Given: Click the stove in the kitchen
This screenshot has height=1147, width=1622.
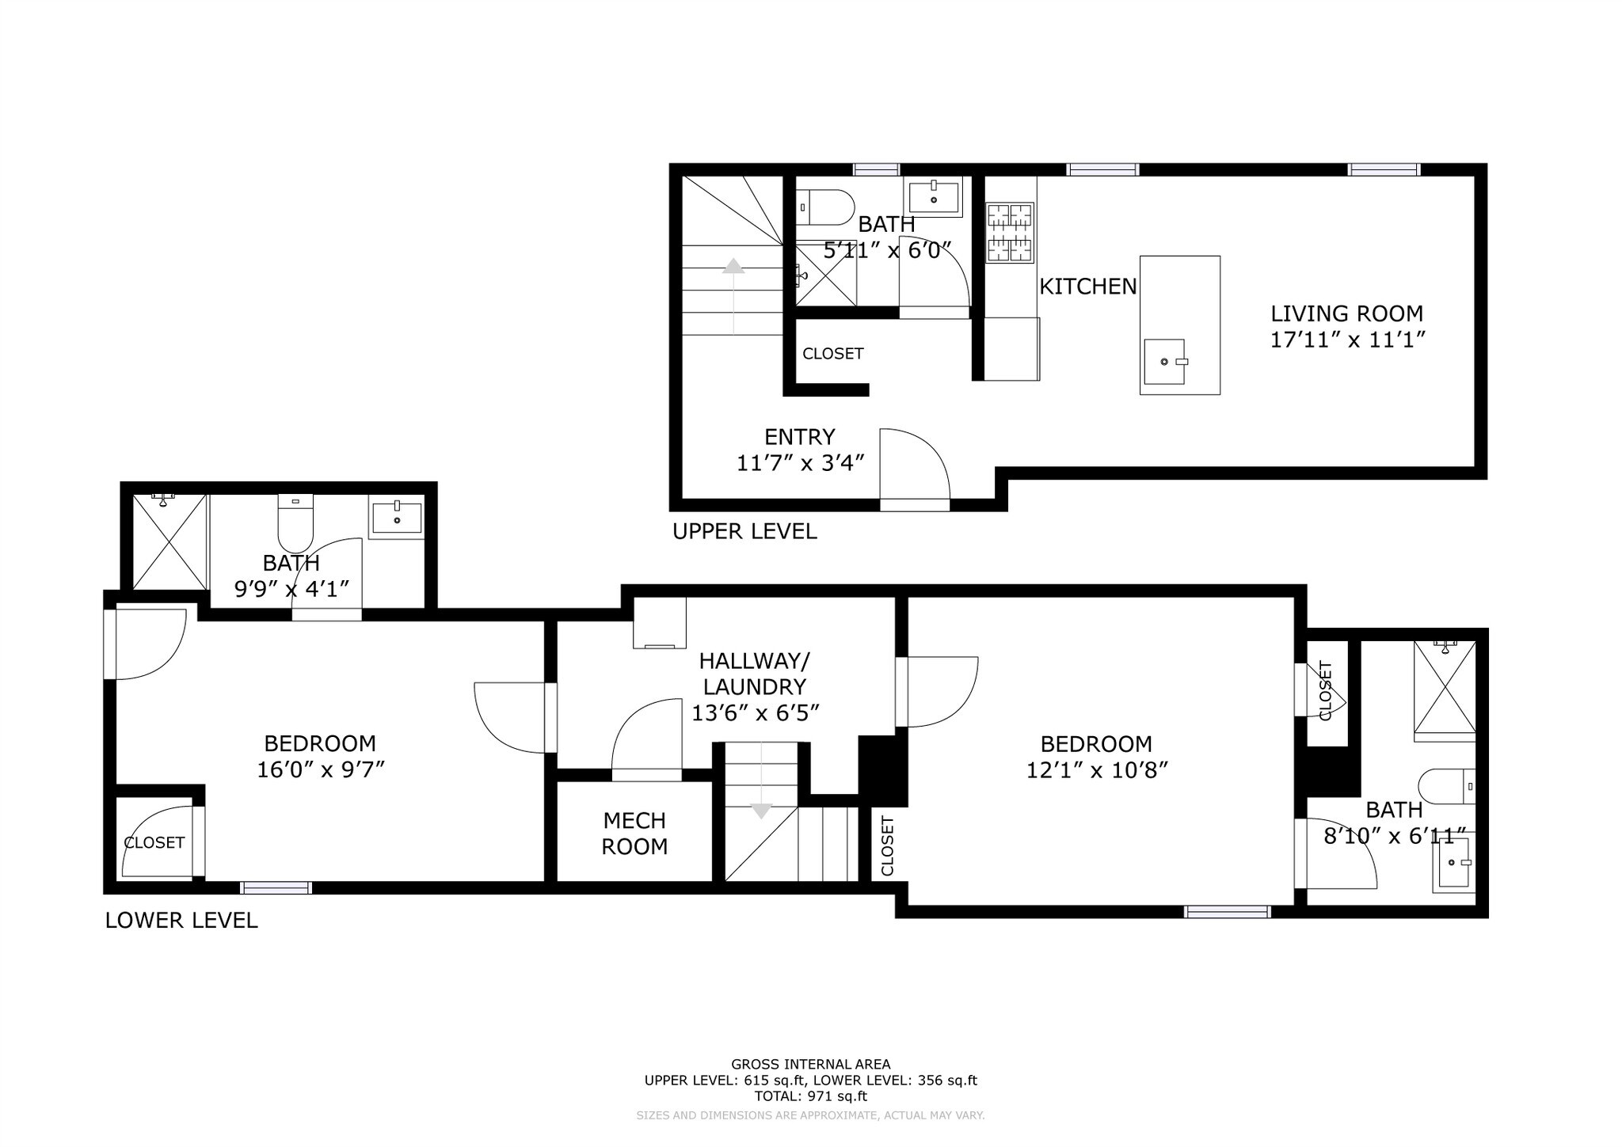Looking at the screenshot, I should pos(1010,233).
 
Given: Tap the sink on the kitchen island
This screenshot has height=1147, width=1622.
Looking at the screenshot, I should pos(1165,362).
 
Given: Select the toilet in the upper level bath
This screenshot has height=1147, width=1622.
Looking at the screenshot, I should pos(825,207).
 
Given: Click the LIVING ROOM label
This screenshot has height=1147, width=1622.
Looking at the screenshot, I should pos(1346,313).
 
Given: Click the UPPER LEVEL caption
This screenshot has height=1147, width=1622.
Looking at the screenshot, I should pos(744,531).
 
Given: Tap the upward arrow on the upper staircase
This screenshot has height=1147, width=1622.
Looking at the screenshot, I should pos(734,267).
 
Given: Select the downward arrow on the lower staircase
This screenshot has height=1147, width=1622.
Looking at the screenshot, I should pos(761,811).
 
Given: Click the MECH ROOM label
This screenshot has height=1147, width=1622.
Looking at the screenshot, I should pos(634,834).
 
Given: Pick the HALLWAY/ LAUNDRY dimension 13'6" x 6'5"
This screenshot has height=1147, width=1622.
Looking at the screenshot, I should pos(755,713).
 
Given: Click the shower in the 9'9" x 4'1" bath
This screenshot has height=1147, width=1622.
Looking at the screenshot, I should pos(169,541).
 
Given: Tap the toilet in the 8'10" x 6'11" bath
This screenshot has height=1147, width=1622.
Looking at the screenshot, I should pos(1446,787).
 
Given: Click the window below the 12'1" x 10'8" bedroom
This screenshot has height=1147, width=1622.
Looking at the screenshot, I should pos(1227,912).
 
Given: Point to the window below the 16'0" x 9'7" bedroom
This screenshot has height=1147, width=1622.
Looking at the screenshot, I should pos(276,888).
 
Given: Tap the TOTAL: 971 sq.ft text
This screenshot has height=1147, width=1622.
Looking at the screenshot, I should pos(810,1096).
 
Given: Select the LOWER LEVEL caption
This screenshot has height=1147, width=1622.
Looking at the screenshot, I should pos(181,921).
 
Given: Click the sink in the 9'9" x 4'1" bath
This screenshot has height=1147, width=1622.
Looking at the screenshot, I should pos(396,517).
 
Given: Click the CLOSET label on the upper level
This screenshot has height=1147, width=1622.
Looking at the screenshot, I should pos(832,354).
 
